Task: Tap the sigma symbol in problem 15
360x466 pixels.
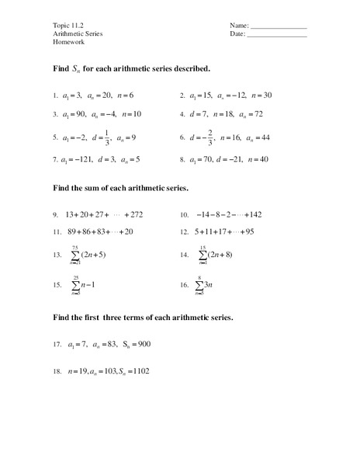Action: point(75,285)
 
